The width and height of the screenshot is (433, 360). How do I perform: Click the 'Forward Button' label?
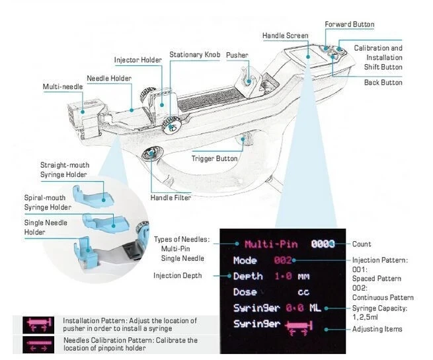349,25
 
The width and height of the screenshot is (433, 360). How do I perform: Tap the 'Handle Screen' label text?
285,36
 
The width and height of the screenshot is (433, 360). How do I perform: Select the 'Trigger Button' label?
214,159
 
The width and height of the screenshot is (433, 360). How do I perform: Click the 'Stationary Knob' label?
194,55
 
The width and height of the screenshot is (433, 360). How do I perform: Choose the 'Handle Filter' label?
172,198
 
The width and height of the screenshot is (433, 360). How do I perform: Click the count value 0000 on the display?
323,243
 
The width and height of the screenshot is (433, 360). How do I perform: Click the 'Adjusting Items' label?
377,329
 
